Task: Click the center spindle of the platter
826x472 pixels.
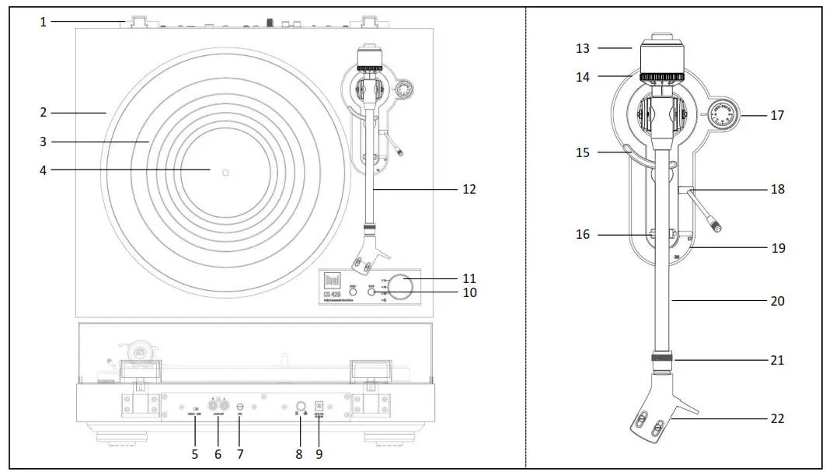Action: (225, 170)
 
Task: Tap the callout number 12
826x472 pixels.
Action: (469, 189)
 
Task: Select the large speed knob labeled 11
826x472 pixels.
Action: (402, 286)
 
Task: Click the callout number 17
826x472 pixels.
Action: (777, 115)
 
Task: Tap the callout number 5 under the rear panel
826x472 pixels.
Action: (195, 453)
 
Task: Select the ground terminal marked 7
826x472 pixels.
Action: (240, 405)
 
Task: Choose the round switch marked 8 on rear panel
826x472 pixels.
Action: (298, 405)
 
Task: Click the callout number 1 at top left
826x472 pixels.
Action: (44, 22)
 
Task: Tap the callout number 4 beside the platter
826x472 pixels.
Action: (44, 170)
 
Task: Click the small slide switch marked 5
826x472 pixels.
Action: (196, 407)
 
